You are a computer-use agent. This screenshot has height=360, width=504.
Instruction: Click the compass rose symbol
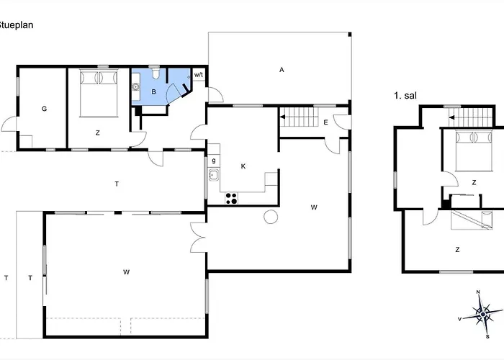coord(483,314)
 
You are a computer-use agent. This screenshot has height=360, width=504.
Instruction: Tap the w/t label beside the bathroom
coord(199,75)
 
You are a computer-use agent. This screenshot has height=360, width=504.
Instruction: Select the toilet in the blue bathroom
coord(156,73)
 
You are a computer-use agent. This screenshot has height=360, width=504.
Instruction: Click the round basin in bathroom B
coord(136,86)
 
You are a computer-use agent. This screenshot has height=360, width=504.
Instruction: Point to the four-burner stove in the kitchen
coord(231,198)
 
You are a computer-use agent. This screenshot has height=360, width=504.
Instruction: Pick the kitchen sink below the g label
coord(214,175)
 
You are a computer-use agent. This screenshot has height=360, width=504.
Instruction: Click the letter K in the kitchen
coord(243,166)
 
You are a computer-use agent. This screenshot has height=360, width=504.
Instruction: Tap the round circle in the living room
coord(271,217)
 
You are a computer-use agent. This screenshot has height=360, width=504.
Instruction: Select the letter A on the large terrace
coord(282,70)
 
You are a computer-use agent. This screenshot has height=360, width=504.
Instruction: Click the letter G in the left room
coord(44,109)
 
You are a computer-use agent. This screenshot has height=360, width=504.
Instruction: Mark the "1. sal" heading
coord(405,96)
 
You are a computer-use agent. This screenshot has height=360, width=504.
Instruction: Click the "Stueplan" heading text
coord(16,25)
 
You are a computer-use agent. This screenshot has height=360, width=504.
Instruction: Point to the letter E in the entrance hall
coord(325,122)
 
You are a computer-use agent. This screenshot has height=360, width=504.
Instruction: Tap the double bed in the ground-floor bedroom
coord(99,93)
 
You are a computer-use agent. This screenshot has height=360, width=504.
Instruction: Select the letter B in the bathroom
coord(153,92)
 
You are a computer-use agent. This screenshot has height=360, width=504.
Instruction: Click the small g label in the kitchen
coord(214,161)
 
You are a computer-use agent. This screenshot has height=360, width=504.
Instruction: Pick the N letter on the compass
coord(478,292)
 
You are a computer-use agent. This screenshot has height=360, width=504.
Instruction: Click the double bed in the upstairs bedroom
coord(474,150)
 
